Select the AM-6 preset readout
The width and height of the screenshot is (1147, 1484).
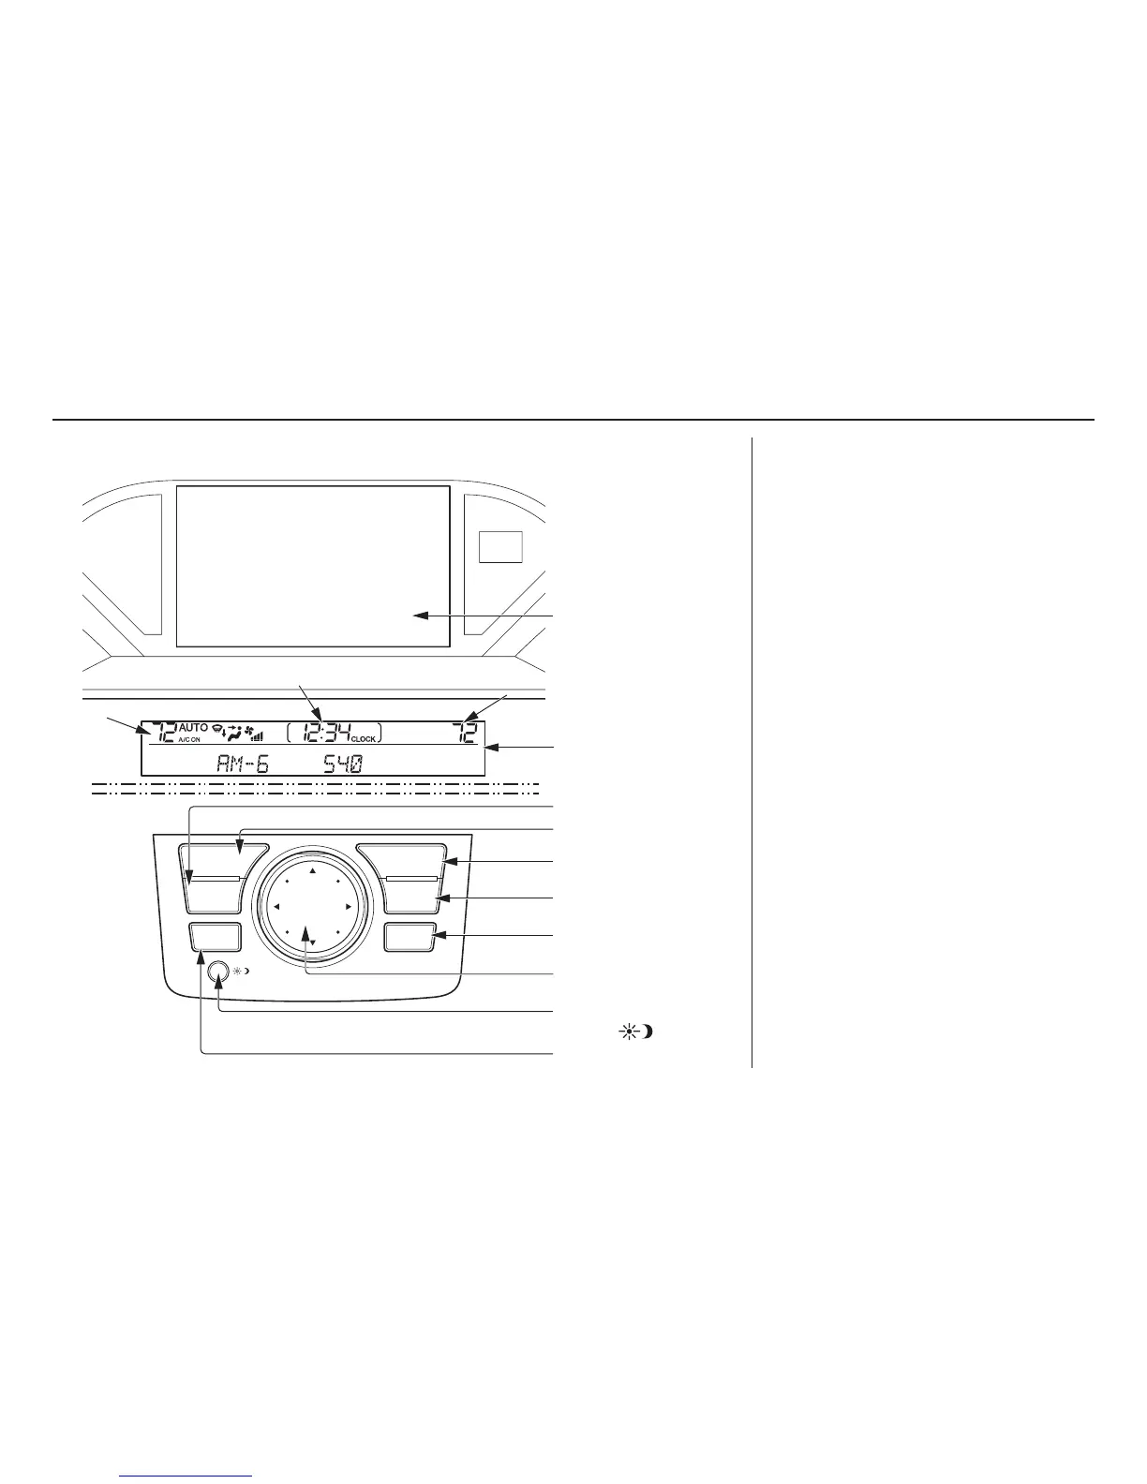(243, 763)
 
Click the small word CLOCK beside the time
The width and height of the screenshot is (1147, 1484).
(364, 739)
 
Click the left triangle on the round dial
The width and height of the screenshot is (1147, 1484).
(277, 907)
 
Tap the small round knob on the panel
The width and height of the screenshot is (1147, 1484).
(220, 972)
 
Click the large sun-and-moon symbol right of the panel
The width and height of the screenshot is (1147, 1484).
(635, 1032)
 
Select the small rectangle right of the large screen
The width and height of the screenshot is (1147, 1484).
(500, 546)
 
